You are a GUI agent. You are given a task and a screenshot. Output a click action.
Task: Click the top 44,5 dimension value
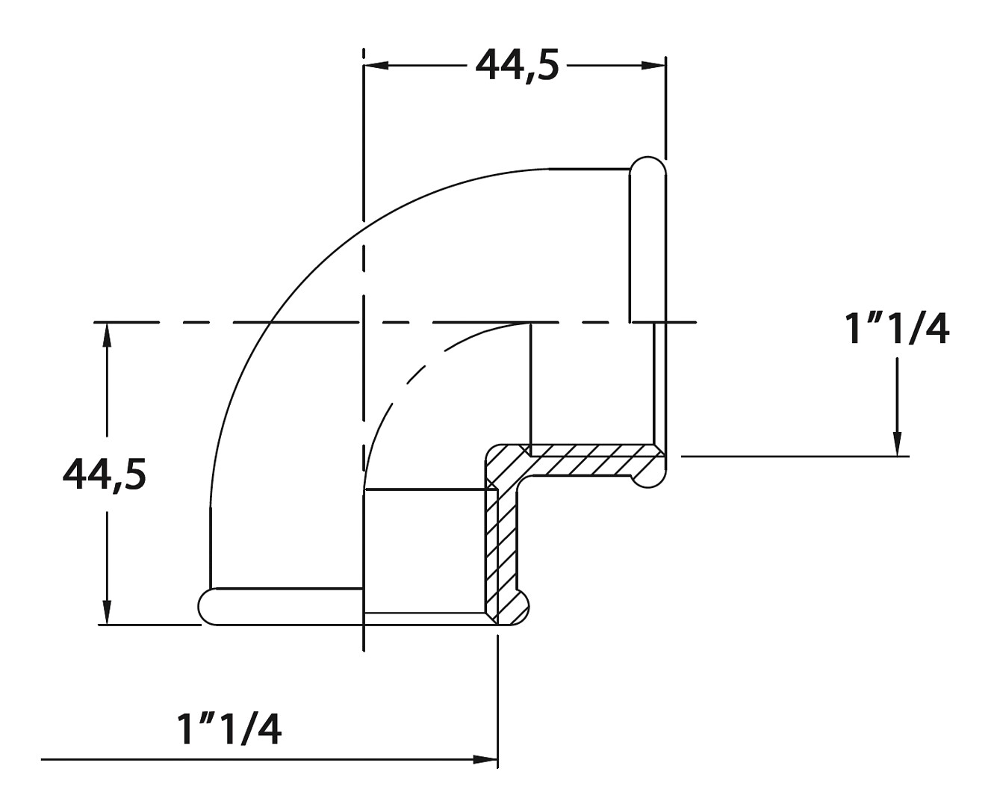[517, 66]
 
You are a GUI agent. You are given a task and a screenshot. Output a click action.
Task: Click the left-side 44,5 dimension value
[104, 475]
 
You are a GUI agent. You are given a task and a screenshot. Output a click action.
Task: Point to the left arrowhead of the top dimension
[376, 66]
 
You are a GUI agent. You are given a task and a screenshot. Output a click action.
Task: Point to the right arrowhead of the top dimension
[653, 66]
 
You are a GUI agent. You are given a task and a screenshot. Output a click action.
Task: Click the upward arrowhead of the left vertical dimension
[108, 335]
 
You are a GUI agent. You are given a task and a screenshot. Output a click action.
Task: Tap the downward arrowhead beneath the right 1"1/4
[897, 443]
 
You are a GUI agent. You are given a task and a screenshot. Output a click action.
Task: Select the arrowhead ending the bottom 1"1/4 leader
[485, 759]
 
